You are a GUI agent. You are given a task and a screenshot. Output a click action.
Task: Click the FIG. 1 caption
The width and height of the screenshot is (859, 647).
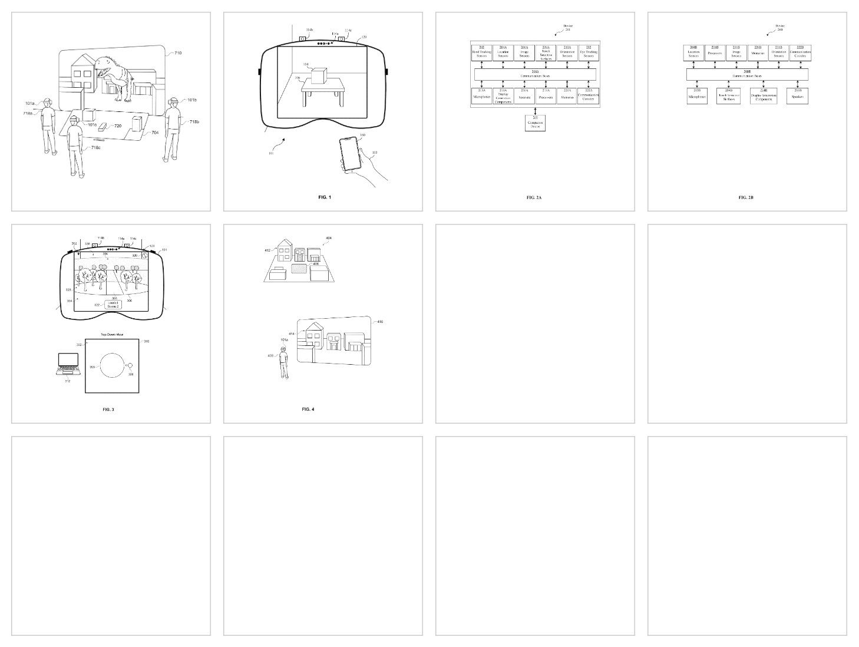(323, 197)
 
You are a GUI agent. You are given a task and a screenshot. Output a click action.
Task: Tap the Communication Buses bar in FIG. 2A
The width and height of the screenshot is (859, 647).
(535, 74)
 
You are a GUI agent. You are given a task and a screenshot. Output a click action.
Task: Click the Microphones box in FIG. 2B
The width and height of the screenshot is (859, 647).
(697, 96)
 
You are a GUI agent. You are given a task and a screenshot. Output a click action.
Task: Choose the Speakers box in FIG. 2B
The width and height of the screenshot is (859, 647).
(797, 96)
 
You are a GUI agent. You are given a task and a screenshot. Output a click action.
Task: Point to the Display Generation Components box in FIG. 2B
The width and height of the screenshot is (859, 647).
(764, 96)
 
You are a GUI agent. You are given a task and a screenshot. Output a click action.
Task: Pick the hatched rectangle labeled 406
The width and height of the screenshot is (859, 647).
(300, 268)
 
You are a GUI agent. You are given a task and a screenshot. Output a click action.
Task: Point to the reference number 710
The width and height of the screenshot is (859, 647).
(177, 53)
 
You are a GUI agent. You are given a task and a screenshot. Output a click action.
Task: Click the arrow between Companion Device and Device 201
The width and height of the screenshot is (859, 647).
(535, 110)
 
